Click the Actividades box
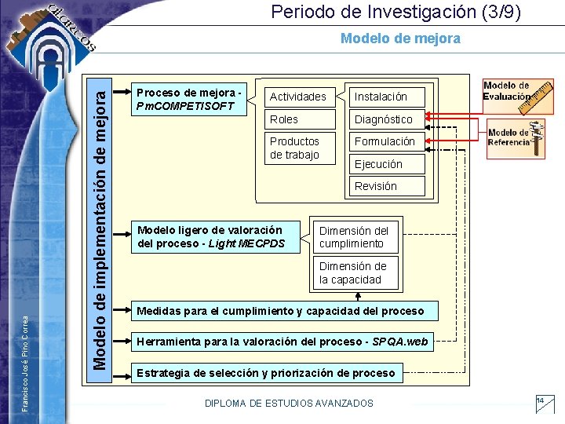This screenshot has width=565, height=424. pos(298,97)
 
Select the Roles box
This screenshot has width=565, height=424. pos(298,119)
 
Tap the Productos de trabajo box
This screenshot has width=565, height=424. pos(298,148)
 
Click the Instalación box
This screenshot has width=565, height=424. pos(387,97)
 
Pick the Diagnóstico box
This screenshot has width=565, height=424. pos(387,119)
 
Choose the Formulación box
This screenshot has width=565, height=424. pos(387,141)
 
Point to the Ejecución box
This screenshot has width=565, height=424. pos(387,164)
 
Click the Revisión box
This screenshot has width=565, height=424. pos(387,186)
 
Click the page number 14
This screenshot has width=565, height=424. pos(541,401)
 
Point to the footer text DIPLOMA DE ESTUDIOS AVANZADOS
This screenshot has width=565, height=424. pos(289,403)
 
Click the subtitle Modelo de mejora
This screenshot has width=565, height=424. pos(400,38)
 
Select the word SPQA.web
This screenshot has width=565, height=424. pos(401,342)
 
